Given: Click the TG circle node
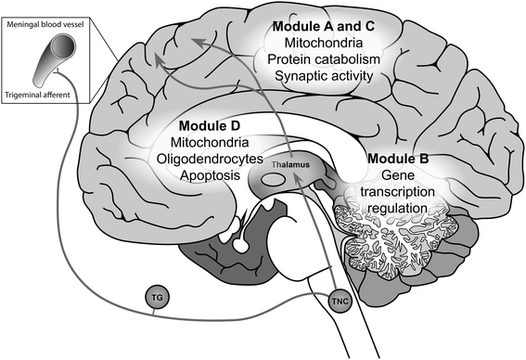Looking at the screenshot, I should point(157,300).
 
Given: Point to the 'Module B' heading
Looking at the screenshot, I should point(397,158).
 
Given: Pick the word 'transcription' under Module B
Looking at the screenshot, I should point(398,191).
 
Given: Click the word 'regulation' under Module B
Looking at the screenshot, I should point(398,208).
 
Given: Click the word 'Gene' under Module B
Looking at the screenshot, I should point(398,174).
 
